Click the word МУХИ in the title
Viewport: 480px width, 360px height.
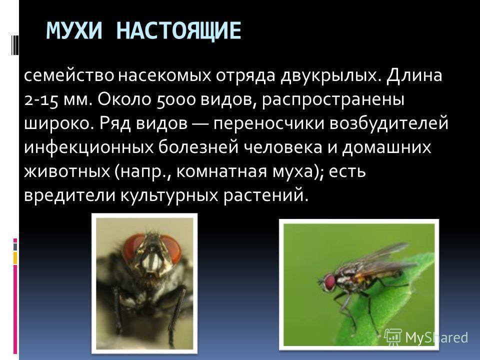click(x=74, y=30)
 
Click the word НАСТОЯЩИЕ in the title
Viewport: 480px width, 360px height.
click(x=179, y=31)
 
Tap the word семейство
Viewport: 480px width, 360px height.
click(x=69, y=75)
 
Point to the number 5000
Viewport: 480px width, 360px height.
click(x=175, y=100)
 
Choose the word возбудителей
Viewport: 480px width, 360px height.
click(x=389, y=123)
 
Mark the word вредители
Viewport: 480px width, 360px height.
click(x=69, y=195)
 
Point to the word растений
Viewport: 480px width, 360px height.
click(x=265, y=195)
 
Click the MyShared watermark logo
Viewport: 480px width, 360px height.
click(x=426, y=337)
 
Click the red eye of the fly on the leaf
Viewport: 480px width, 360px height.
click(x=329, y=282)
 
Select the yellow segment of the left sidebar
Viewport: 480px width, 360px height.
click(x=15, y=258)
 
